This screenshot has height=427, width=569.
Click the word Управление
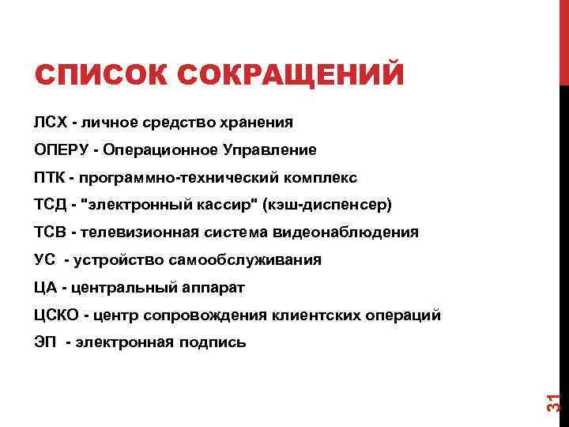[x=272, y=149]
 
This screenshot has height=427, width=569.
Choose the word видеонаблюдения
[x=347, y=232]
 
